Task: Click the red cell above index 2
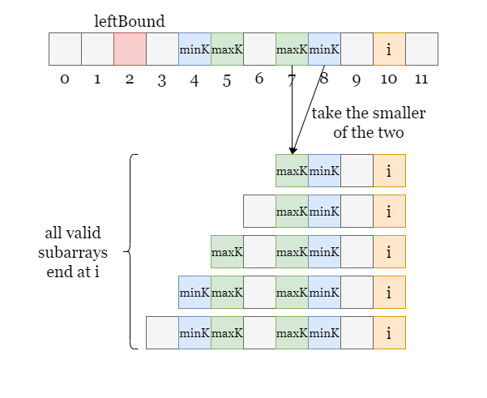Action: (130, 49)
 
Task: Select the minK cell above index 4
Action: (194, 49)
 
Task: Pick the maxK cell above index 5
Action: (227, 49)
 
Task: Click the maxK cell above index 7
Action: (292, 49)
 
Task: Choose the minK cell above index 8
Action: (324, 49)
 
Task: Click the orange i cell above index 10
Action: (389, 49)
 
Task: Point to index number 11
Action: (421, 79)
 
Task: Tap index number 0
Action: (65, 79)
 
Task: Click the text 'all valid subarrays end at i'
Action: (73, 252)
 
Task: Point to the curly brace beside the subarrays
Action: (132, 251)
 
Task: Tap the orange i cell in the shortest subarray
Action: (389, 170)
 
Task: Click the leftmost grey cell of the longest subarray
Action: (162, 333)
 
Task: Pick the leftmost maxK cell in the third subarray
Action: (227, 252)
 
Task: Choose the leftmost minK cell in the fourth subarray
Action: (194, 293)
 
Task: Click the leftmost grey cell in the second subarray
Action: (259, 212)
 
